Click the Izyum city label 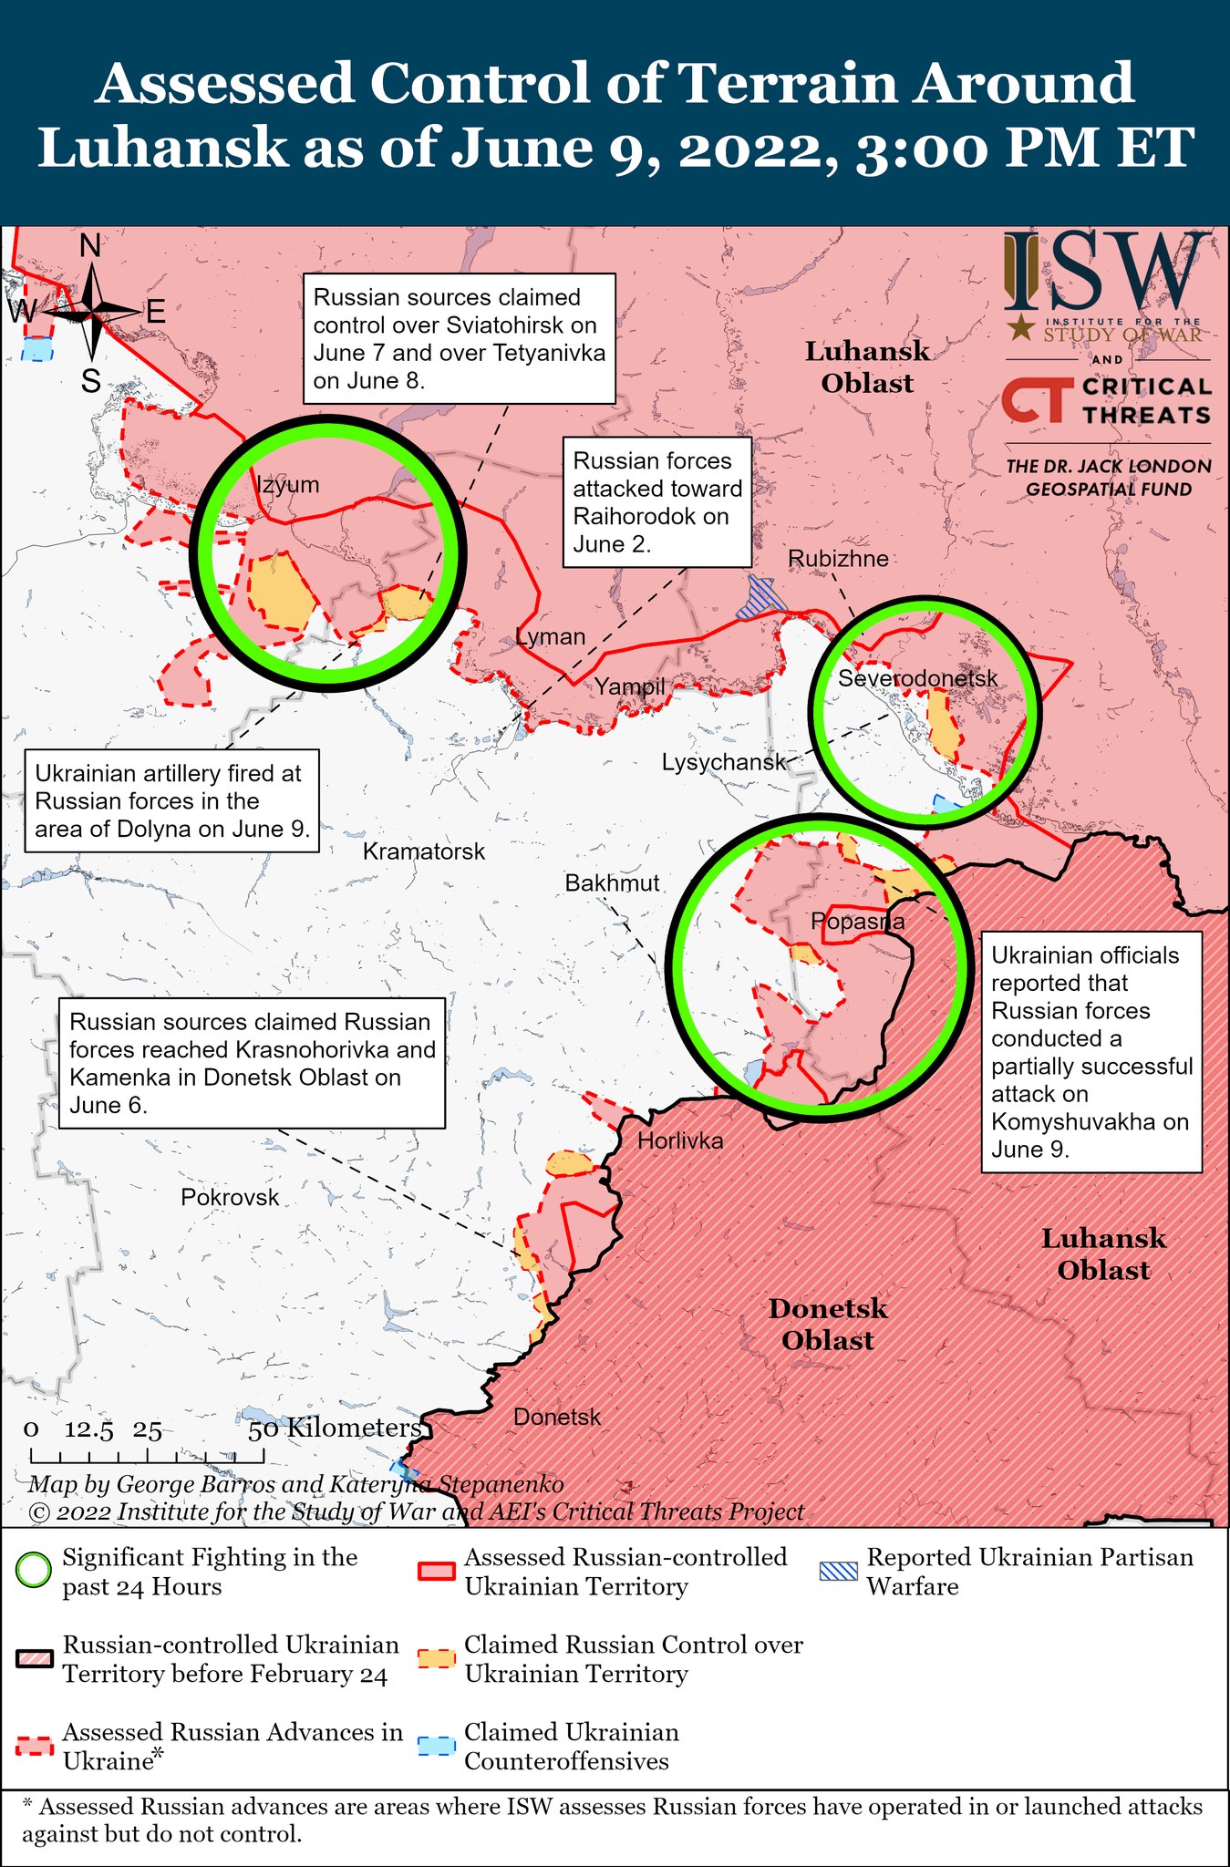(x=288, y=484)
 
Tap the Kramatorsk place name (x=424, y=851)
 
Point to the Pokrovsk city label (x=230, y=1197)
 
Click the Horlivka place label (x=680, y=1140)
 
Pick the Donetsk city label (x=557, y=1417)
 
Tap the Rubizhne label (x=838, y=558)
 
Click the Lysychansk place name (x=723, y=762)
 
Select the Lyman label (x=550, y=636)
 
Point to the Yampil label (x=630, y=686)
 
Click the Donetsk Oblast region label (x=827, y=1325)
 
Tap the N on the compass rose (x=90, y=246)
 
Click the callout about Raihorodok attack (x=656, y=502)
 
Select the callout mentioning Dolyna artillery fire (x=171, y=800)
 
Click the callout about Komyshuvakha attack (x=1090, y=1051)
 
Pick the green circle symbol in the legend (x=33, y=1572)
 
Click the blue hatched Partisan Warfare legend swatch (x=837, y=1571)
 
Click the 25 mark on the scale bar (x=147, y=1430)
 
